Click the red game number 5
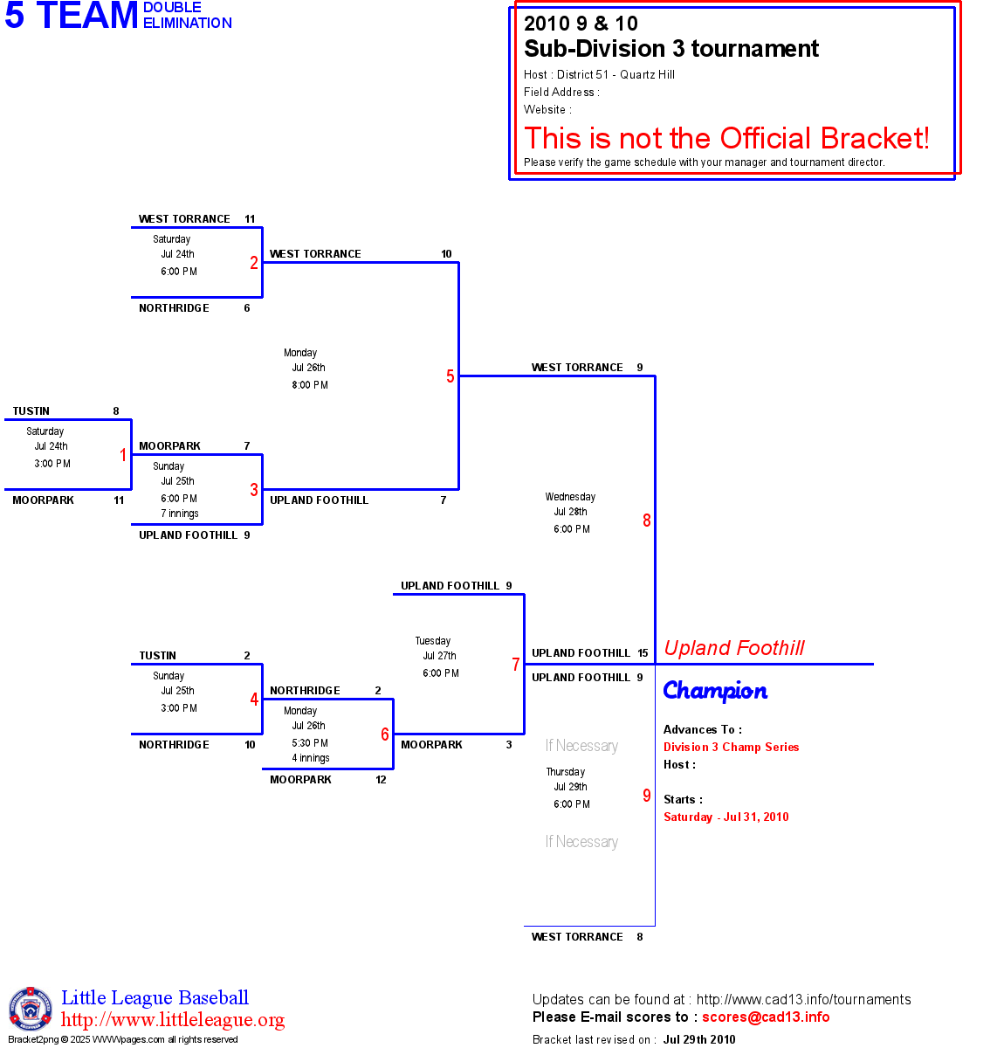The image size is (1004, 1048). (450, 376)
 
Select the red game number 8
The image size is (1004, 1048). (647, 521)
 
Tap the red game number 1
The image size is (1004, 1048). (123, 455)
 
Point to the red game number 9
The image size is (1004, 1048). (647, 796)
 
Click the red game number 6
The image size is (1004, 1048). (385, 734)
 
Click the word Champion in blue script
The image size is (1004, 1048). (715, 691)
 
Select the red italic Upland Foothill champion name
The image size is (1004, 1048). (734, 648)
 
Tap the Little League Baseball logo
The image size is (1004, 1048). (30, 1009)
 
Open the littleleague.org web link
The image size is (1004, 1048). (173, 1020)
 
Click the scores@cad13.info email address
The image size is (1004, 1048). (766, 1017)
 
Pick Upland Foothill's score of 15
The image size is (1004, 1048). (643, 653)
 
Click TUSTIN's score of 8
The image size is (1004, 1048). (116, 411)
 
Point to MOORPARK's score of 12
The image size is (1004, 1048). (381, 780)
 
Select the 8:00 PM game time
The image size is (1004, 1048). (310, 385)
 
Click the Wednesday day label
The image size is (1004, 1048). (570, 497)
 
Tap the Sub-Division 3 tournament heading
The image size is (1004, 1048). (670, 49)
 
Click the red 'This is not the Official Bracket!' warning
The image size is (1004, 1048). (726, 138)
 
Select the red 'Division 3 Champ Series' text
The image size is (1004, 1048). (731, 747)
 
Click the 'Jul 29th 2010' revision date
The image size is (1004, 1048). (698, 1039)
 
